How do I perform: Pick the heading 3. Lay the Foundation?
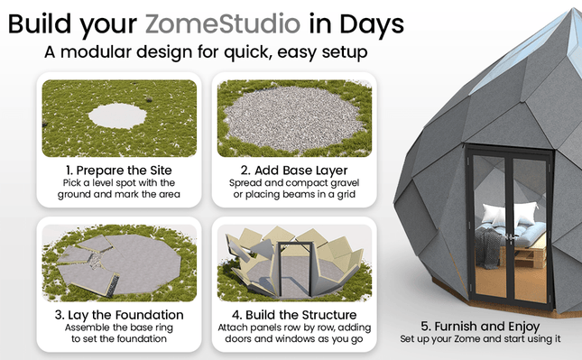pos(117,314)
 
